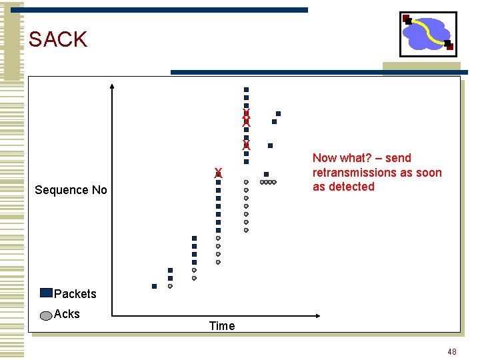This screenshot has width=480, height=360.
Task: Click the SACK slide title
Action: tap(58, 39)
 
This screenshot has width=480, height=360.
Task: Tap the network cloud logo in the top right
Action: tap(427, 33)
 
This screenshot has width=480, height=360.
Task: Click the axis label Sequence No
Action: tap(71, 190)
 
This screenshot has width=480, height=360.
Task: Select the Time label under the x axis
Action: tap(221, 325)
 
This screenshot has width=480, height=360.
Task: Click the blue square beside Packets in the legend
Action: tap(46, 293)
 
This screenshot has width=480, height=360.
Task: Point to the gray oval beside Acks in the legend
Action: tap(46, 315)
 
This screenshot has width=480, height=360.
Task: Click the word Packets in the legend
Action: tap(75, 294)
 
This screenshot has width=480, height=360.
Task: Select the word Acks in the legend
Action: tap(67, 314)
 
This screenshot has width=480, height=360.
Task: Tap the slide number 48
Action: tap(452, 351)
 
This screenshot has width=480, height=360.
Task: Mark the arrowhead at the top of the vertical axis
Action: tap(112, 86)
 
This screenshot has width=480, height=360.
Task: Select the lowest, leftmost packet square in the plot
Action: tap(154, 286)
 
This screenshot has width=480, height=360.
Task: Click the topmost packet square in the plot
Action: tap(246, 89)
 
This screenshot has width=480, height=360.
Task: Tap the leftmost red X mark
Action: tap(218, 173)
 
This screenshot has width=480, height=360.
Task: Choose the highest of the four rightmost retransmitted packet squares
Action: tap(278, 113)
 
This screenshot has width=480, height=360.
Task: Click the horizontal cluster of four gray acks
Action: tap(267, 182)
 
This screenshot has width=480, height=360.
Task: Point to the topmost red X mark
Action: tap(246, 113)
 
